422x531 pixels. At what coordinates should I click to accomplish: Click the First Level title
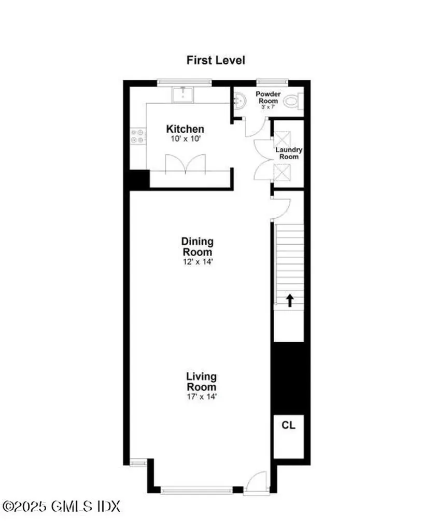click(216, 60)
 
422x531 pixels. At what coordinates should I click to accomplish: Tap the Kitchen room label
click(185, 129)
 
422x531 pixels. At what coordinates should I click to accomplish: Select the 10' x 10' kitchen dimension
click(185, 139)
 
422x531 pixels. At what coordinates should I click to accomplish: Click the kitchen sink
click(182, 94)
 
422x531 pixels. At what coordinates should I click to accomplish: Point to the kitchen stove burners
click(137, 136)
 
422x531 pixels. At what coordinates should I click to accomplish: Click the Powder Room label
click(268, 97)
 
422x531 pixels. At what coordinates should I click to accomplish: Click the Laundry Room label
click(289, 153)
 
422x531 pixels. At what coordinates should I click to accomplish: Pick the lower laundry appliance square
click(283, 171)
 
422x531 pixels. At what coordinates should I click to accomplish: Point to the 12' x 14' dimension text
click(197, 262)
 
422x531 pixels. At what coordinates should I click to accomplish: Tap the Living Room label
click(202, 381)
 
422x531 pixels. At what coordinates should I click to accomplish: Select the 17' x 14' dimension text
click(202, 397)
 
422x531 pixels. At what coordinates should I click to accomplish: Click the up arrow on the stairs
click(289, 300)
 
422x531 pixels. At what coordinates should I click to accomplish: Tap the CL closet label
click(288, 425)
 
